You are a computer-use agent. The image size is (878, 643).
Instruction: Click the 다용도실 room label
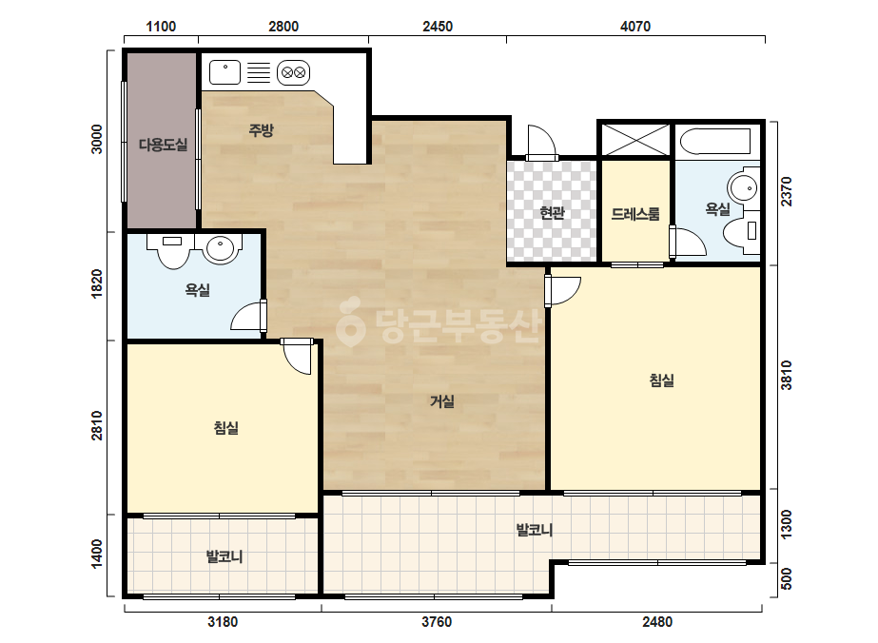point(163,146)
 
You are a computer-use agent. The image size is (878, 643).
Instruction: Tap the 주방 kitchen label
point(261,130)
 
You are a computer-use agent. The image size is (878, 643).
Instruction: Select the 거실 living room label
point(441,401)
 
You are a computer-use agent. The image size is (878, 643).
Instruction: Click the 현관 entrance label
point(552,213)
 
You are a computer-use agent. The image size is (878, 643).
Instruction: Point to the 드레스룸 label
point(635,214)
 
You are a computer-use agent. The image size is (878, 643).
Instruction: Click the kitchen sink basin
point(225,73)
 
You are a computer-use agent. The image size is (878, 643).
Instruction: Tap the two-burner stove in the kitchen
point(293,73)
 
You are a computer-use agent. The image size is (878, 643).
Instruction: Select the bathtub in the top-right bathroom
point(715,141)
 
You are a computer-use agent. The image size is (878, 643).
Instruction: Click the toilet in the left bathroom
point(172,250)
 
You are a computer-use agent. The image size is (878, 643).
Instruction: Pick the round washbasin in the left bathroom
point(221,248)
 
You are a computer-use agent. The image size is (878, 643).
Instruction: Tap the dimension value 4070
point(635,27)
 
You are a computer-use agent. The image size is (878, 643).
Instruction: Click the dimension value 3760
point(437,622)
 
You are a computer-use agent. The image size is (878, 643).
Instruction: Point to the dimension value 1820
point(97,283)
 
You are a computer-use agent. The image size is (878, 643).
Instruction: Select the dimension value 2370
point(787,191)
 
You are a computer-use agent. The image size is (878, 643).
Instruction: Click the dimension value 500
point(787,578)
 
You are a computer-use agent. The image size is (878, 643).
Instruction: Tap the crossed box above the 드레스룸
point(635,140)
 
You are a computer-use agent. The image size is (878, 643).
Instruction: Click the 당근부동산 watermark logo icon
point(350,322)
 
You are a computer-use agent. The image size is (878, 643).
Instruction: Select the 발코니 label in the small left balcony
point(224,556)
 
